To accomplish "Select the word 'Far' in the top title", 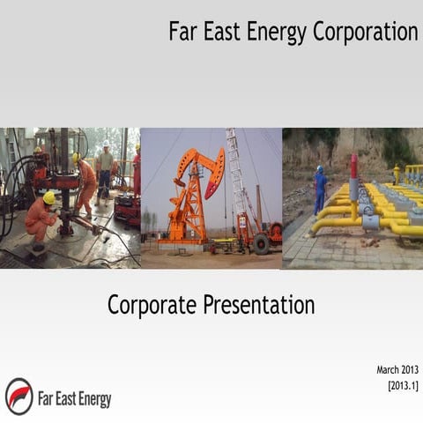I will pos(182,32).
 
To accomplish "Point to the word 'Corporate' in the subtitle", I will pos(151,305).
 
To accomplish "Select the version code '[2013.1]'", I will pos(403,385).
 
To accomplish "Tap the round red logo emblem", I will pos(19,396).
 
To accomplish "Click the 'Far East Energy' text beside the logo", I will pos(74,398).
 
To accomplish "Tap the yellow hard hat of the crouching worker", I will pos(49,198).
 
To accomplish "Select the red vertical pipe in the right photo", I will pos(354,182).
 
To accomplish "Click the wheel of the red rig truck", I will pos(261,245).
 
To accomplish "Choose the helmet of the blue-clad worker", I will pos(320,169).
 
